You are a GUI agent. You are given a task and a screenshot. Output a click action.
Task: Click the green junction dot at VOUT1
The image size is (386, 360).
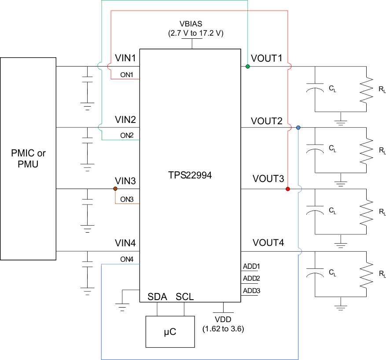pos(248,67)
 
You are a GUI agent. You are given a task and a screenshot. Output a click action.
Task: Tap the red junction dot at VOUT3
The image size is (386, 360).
pos(288,189)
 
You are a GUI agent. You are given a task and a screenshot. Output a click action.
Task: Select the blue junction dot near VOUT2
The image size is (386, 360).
pos(298,127)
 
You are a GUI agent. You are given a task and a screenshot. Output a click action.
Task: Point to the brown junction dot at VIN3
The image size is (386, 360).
pos(115,189)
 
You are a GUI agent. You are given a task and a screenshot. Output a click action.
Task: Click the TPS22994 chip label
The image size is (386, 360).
pos(190,175)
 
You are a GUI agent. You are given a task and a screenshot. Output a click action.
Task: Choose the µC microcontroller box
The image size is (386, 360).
pos(170,331)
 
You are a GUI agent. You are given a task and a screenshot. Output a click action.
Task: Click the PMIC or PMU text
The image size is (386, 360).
pos(28,159)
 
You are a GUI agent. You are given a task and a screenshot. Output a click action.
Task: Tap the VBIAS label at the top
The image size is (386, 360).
pos(191,23)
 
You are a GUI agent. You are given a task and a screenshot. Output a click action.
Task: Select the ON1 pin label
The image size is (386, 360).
pos(127,74)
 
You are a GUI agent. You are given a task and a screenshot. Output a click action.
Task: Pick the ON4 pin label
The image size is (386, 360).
pos(127,259)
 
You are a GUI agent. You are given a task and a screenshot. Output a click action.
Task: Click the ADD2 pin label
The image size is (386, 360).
pos(251,278)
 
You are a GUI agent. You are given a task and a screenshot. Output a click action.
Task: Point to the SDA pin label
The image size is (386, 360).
pos(157,297)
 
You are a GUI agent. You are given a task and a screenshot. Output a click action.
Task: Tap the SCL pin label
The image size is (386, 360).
pos(185,297)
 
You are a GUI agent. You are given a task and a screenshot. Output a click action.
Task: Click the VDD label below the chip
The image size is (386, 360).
pos(223,319)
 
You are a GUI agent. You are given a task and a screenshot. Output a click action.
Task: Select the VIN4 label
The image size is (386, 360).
pos(125,243)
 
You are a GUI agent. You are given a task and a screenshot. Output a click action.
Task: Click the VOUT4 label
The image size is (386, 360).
pos(268,243)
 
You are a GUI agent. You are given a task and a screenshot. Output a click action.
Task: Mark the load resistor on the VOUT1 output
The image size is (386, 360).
pos(366,90)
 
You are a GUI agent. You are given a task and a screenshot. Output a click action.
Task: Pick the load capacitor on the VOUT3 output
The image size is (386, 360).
pos(314,211)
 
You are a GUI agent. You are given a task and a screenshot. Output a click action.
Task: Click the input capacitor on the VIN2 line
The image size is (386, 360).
pos(87,141)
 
